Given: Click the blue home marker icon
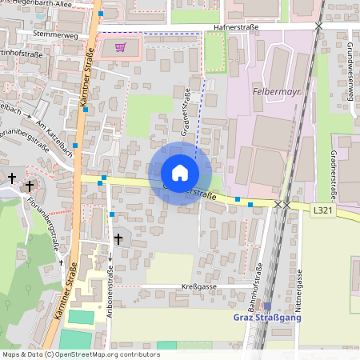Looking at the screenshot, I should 180,173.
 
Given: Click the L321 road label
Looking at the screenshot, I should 323,210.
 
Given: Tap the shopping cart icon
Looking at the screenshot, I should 120,46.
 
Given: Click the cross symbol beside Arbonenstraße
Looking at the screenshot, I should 118,238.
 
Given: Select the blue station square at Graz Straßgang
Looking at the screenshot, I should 267,306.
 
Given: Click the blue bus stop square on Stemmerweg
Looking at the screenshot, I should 101,14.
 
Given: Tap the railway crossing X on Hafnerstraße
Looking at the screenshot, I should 318,26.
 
